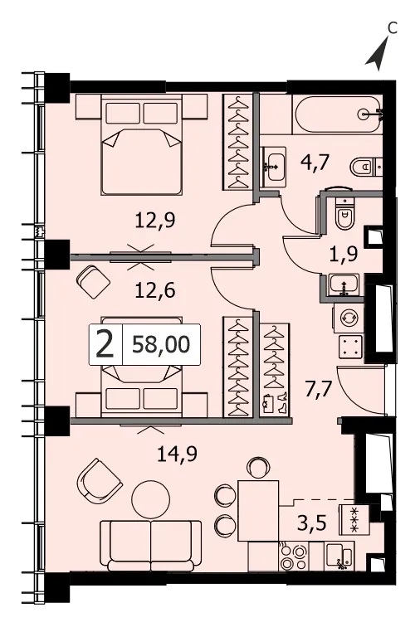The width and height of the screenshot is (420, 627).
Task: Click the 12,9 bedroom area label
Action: pyautogui.click(x=155, y=221)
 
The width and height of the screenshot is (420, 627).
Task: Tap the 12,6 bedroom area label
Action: pyautogui.click(x=155, y=290)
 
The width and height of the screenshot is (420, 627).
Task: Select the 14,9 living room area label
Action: pyautogui.click(x=177, y=454)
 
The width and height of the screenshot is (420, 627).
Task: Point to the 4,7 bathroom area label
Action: pyautogui.click(x=315, y=163)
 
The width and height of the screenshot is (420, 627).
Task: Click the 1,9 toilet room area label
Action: pyautogui.click(x=344, y=254)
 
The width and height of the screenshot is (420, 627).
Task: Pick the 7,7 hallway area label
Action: pyautogui.click(x=319, y=389)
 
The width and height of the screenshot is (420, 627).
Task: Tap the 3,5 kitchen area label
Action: pyautogui.click(x=313, y=522)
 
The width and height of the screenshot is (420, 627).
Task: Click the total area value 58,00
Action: pyautogui.click(x=161, y=345)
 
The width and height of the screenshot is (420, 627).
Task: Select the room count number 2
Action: pyautogui.click(x=105, y=346)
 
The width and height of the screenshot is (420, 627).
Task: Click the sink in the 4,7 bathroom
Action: pyautogui.click(x=273, y=167)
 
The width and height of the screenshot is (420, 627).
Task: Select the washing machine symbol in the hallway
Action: pyautogui.click(x=347, y=318)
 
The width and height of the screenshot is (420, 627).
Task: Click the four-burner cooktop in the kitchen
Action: pyautogui.click(x=294, y=557)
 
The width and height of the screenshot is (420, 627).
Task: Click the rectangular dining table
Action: pyautogui.click(x=258, y=511)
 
